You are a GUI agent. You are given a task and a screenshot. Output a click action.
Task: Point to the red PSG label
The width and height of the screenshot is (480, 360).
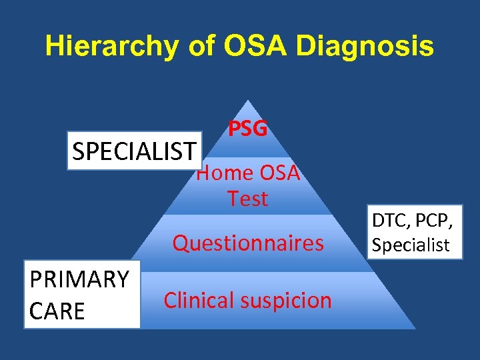tap(248, 129)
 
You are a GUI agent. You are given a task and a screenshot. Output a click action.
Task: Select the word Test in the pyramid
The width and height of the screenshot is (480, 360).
tap(247, 199)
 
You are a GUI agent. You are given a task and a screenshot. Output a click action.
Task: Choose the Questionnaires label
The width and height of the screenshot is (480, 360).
tap(248, 243)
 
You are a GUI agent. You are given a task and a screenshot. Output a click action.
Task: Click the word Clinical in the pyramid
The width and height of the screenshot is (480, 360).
tap(199, 300)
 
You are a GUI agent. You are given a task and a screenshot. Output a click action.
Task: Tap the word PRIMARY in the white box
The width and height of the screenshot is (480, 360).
tap(79, 279)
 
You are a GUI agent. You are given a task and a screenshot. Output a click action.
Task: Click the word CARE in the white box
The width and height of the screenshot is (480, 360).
tap(57, 310)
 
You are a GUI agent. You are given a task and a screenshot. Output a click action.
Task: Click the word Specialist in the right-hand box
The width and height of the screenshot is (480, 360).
tap(411, 245)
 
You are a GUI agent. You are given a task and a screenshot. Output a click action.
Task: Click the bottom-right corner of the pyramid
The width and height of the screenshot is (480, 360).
tap(415, 328)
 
